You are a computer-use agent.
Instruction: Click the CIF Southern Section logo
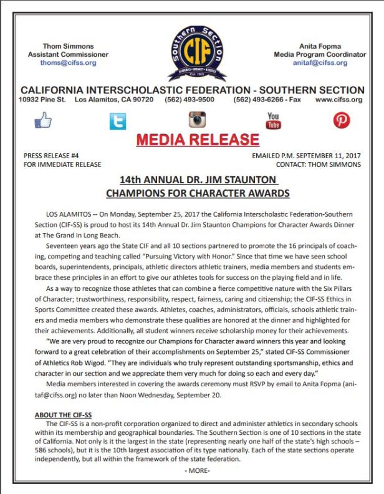192,53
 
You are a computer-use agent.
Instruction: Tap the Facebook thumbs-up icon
43,120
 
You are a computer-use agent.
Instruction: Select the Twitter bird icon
117,121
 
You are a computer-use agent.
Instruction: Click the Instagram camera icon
197,119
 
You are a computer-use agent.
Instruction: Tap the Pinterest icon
341,120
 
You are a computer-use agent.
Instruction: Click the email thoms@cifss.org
69,63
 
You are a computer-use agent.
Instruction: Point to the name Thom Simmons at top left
68,46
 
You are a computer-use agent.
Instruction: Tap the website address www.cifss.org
338,100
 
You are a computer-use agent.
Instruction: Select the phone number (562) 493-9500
189,100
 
